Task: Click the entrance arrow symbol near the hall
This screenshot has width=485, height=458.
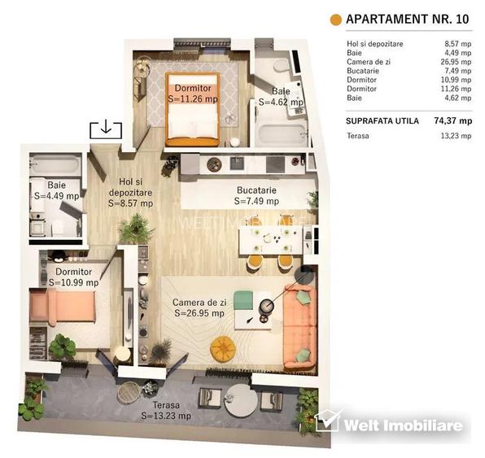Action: point(106,129)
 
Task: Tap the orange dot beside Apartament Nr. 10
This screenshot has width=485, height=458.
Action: point(334,20)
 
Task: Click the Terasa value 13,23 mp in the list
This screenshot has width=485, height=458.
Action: point(454,136)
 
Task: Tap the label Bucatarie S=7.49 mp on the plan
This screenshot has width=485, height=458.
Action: point(256,195)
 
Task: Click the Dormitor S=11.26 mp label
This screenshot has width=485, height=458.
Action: point(193,93)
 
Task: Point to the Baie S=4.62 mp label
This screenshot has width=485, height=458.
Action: point(281,98)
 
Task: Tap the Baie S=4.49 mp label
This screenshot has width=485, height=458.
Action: point(56,190)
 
